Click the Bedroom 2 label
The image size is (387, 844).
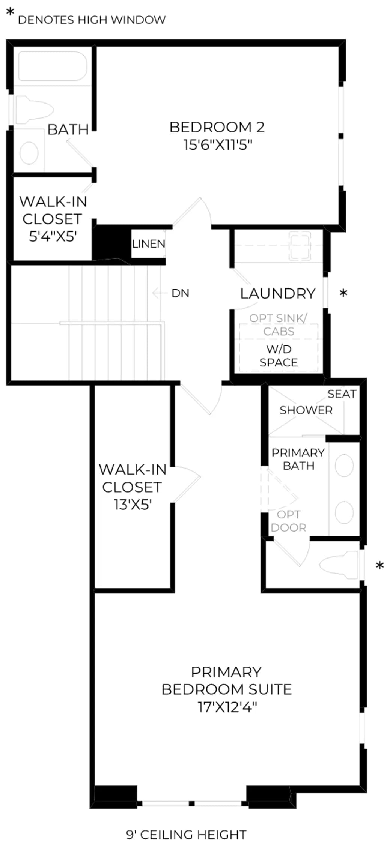pos(217,127)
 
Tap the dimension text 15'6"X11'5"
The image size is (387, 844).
pos(218,144)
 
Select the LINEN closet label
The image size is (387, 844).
pos(149,244)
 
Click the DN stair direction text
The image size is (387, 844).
pos(180,293)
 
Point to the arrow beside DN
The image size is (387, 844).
pos(160,293)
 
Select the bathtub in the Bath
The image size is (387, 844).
pos(53,66)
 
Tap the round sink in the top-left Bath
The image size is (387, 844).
pos(29,152)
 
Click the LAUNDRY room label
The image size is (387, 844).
pos(278,294)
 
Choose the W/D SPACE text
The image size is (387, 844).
pos(279,356)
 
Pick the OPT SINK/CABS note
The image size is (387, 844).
pos(279,325)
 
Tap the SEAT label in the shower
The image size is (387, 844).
pos(342,394)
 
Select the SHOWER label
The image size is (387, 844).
pos(306,410)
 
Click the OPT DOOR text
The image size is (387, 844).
pos(289,521)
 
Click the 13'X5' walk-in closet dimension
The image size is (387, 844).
pos(133,505)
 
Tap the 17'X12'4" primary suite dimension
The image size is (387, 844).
pos(227,707)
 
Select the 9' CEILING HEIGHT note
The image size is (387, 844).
pos(187,835)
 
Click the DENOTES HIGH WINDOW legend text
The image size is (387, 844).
pos(92,20)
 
